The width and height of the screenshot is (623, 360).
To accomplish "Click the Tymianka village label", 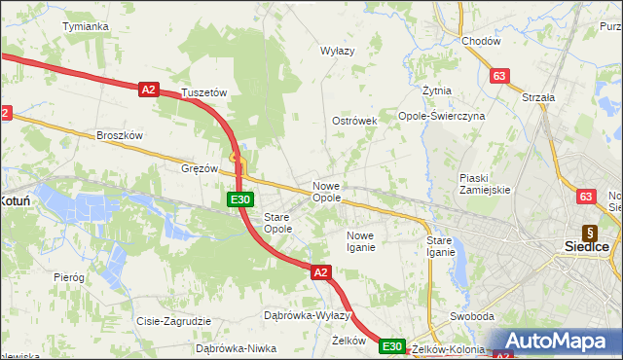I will (x=85, y=26).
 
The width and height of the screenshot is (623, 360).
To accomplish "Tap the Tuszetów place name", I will (x=204, y=93).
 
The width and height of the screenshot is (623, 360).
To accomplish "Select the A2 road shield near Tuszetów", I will (x=148, y=90).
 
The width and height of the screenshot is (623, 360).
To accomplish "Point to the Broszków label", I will (x=120, y=135).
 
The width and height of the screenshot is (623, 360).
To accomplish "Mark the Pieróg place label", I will (x=69, y=277).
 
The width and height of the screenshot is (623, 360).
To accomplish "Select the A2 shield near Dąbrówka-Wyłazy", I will (x=321, y=273).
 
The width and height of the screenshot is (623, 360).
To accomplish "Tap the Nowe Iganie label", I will (x=360, y=241).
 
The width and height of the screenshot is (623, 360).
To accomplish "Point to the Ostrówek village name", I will (x=353, y=121).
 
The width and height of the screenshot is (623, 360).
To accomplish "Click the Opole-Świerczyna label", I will (x=441, y=115).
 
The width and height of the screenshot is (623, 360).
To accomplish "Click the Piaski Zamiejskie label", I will (x=485, y=183).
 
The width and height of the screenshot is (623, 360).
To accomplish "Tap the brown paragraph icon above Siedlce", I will (x=589, y=233).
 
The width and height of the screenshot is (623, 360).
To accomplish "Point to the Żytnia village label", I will (x=437, y=90).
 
